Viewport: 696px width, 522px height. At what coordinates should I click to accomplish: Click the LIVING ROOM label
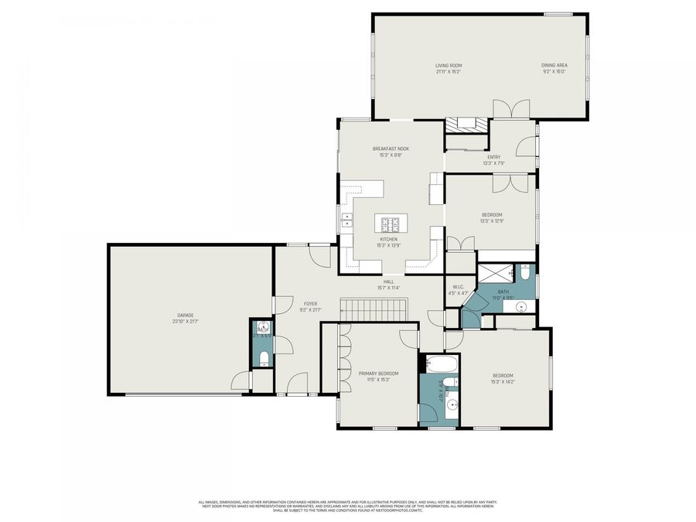pos(448,66)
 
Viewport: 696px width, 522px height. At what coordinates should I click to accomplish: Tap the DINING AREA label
pos(554,66)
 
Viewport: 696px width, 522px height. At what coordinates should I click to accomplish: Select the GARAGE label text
pos(185,315)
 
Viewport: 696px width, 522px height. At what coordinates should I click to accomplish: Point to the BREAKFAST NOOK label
pos(391,148)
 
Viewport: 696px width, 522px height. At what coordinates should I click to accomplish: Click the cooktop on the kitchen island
pos(391,225)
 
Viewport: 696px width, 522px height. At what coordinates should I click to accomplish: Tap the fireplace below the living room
pos(467,125)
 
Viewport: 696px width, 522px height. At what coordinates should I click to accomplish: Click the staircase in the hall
pos(375,310)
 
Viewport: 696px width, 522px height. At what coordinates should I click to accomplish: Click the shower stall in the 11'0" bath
pos(496,272)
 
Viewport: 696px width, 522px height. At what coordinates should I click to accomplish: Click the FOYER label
pos(310,304)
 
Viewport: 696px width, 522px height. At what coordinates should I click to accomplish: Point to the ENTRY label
pos(493,157)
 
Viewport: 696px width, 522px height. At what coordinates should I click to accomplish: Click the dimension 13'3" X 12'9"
pos(493,221)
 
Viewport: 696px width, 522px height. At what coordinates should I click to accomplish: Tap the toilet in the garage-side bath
pos(263,358)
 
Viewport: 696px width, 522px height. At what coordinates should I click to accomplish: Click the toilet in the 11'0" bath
pos(525,272)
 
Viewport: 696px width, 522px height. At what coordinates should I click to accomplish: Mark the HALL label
pos(388,281)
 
